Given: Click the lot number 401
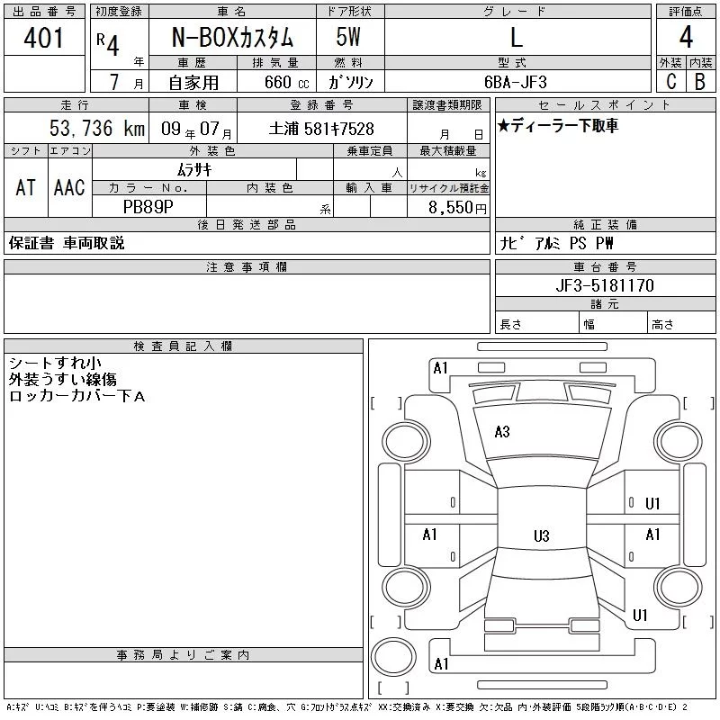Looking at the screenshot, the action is point(43,38).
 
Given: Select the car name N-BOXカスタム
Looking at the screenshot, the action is point(232,37).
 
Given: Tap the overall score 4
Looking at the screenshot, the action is point(686,37).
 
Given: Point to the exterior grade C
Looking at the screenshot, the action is point(670,81).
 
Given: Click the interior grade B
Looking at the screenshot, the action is point(700,82).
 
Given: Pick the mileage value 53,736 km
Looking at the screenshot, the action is point(97,128).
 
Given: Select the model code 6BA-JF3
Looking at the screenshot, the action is point(516,82).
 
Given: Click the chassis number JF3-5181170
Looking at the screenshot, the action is point(605,285).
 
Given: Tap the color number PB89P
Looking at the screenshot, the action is point(148,207).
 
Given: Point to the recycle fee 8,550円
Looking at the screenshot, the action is point(457,208).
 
